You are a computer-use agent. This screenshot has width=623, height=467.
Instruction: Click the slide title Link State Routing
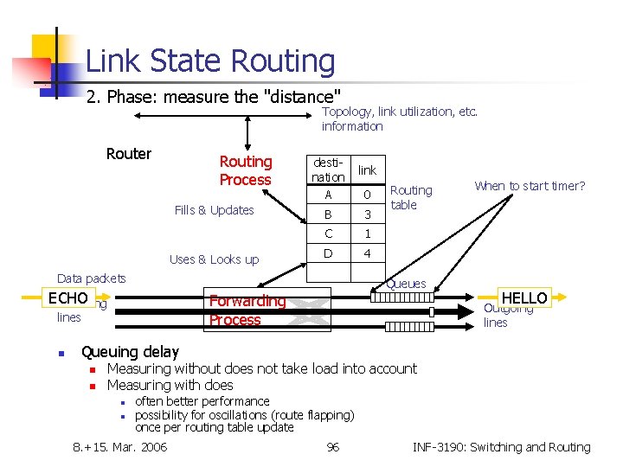pyautogui.click(x=210, y=61)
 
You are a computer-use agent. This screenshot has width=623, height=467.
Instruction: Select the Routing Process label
pyautogui.click(x=246, y=170)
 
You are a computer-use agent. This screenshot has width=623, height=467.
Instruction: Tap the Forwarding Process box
pyautogui.click(x=247, y=310)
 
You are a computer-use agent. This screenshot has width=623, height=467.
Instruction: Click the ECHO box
pyautogui.click(x=68, y=298)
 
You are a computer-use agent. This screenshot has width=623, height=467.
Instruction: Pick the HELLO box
pyautogui.click(x=524, y=297)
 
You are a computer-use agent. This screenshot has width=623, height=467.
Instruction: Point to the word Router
pyautogui.click(x=129, y=154)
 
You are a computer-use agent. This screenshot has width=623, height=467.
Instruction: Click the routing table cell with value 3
pyautogui.click(x=367, y=214)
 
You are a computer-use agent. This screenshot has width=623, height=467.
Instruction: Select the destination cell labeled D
pyautogui.click(x=328, y=253)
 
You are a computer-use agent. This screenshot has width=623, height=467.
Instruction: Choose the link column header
pyautogui.click(x=367, y=170)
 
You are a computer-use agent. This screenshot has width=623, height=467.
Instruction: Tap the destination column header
pyautogui.click(x=328, y=170)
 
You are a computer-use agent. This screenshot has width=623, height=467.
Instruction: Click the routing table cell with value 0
pyautogui.click(x=367, y=195)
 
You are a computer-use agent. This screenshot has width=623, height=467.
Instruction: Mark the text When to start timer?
pyautogui.click(x=530, y=186)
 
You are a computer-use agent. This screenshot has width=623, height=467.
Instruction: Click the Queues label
pyautogui.click(x=406, y=284)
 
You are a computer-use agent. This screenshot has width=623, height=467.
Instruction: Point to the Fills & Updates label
pyautogui.click(x=214, y=210)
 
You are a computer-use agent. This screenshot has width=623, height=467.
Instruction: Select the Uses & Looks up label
pyautogui.click(x=214, y=259)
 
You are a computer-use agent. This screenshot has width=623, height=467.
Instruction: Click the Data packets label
pyautogui.click(x=91, y=278)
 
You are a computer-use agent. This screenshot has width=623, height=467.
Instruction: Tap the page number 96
pyautogui.click(x=332, y=447)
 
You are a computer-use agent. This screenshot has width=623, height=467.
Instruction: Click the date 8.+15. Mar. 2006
pyautogui.click(x=120, y=447)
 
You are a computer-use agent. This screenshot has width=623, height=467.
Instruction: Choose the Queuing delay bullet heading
pyautogui.click(x=130, y=352)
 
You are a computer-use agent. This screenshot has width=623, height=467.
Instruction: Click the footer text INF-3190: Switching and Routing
pyautogui.click(x=502, y=447)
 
